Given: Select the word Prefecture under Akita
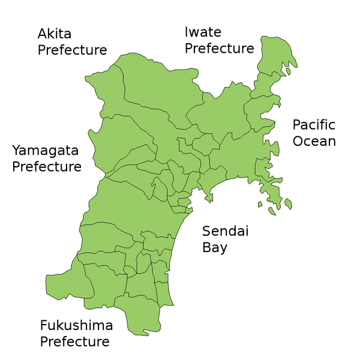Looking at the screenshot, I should (73, 50).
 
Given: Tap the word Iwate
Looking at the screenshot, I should (203, 32).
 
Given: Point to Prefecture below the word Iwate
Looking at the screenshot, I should (220, 48).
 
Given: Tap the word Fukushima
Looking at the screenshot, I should (76, 326).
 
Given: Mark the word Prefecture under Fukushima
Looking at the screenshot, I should (75, 342).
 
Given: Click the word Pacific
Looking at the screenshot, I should (314, 125).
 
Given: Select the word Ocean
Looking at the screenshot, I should (314, 142).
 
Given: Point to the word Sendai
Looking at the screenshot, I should (225, 231).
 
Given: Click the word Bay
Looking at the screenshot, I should (215, 247).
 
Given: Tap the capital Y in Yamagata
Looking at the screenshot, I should (17, 149).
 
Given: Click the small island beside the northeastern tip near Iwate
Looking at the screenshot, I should (288, 71).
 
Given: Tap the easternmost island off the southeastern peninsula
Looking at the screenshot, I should (288, 203).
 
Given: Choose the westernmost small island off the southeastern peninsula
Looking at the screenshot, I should (260, 205).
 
